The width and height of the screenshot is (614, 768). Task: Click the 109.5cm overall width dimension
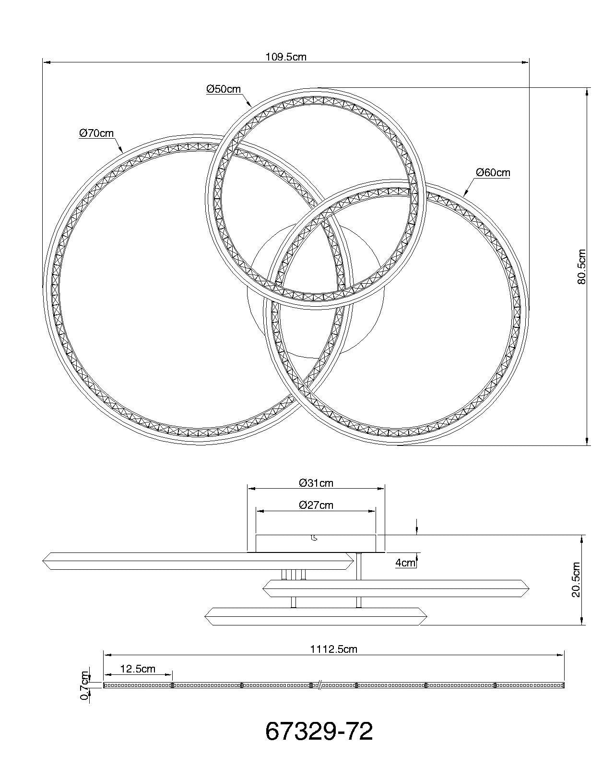[x=286, y=57]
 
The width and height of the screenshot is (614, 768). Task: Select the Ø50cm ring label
[x=224, y=89]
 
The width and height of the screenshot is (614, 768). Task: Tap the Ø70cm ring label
[x=97, y=133]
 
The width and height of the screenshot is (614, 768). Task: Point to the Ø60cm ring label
[x=493, y=173]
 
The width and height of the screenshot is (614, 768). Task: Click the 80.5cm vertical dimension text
[x=582, y=267]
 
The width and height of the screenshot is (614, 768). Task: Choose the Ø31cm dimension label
[x=316, y=483]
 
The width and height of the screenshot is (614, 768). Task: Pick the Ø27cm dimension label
[x=316, y=505]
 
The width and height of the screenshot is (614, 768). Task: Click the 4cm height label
[x=405, y=563]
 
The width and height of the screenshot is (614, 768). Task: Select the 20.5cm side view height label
[x=576, y=580]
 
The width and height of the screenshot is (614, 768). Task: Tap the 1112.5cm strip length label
[x=333, y=649]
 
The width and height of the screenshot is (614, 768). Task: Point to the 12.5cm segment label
[x=138, y=669]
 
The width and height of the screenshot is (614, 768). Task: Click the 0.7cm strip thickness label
[x=85, y=685]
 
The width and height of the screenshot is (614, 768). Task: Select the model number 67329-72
[x=319, y=732]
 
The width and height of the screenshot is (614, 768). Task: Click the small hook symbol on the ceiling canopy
[x=314, y=538]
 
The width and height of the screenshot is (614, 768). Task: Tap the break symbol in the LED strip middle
[x=319, y=685]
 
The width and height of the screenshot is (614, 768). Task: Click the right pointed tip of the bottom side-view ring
[x=425, y=616]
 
